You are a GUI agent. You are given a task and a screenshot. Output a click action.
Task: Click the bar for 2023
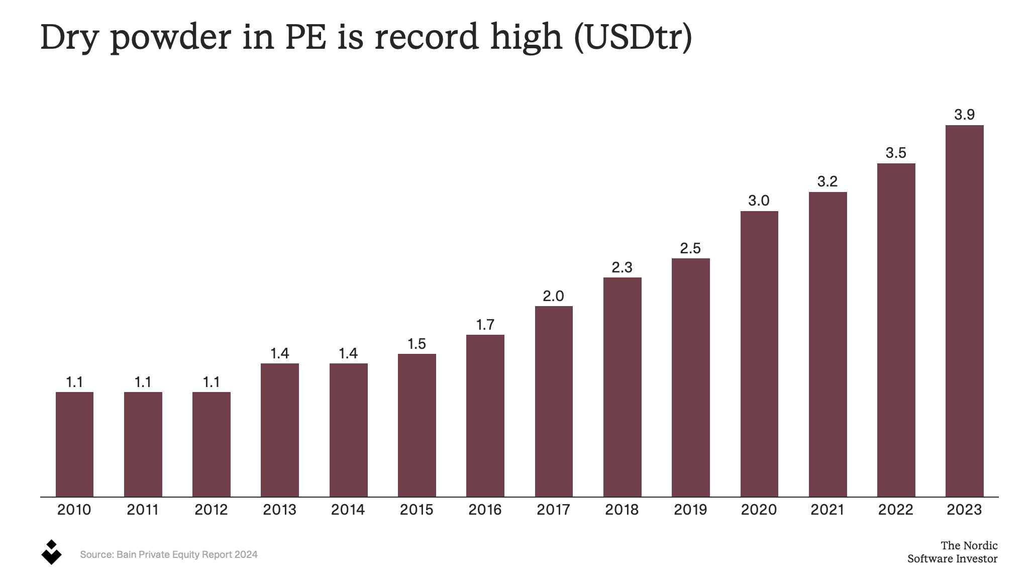point(964,311)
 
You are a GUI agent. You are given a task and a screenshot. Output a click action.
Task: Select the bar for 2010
point(74,444)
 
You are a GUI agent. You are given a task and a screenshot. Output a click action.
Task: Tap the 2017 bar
point(554,402)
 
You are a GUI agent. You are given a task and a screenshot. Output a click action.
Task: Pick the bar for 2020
point(759,354)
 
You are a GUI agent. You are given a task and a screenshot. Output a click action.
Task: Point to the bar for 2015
point(417,425)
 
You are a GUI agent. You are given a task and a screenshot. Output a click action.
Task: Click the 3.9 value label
point(965,115)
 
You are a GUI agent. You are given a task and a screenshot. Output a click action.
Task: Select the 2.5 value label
point(690,248)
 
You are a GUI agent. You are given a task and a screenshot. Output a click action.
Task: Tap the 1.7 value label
point(485,325)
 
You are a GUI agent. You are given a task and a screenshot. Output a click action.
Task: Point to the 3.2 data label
point(827,181)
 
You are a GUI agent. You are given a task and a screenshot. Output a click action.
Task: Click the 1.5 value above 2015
point(417,344)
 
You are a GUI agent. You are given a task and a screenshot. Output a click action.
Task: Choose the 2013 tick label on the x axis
point(280,510)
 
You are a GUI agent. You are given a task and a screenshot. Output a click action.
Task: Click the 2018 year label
point(622,510)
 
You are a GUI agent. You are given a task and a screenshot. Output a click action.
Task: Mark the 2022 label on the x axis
point(896,510)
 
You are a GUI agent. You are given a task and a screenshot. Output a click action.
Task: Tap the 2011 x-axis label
point(143,510)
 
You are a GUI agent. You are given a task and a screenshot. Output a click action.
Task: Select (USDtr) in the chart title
point(633,37)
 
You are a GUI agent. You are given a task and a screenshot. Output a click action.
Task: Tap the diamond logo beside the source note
point(51,552)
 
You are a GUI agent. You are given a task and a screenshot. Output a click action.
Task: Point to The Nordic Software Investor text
point(953,552)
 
